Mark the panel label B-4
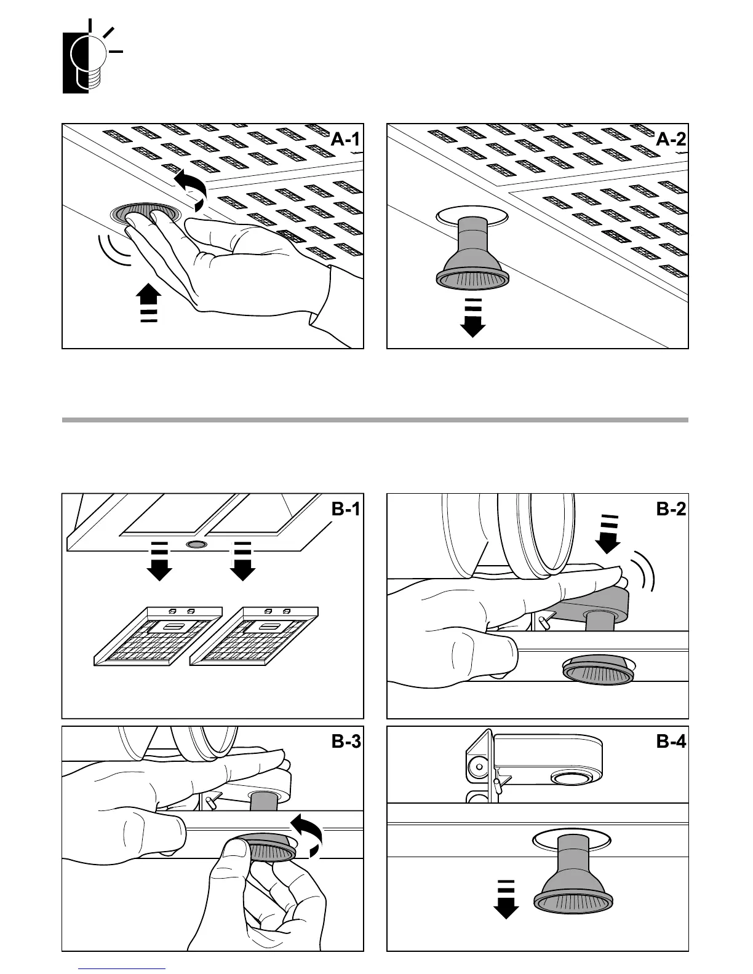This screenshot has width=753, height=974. pyautogui.click(x=671, y=742)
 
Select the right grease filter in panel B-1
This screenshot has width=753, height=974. pyautogui.click(x=255, y=636)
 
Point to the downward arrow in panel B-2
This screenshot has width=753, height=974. pyautogui.click(x=608, y=533)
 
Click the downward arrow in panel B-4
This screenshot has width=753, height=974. pyautogui.click(x=506, y=899)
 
